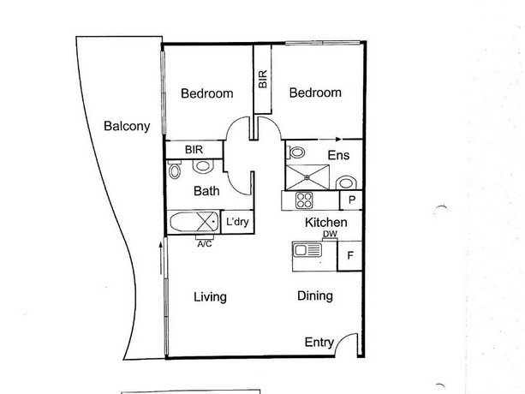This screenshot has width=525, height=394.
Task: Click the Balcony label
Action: (x=127, y=126)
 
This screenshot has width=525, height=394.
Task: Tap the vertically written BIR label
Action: (x=263, y=79)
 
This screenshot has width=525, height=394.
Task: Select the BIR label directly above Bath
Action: (x=194, y=149)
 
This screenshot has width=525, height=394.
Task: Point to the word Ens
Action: (x=338, y=155)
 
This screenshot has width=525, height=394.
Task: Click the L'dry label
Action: (x=237, y=222)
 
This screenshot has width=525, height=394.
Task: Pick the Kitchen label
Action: (x=325, y=223)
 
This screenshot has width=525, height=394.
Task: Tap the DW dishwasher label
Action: (x=330, y=234)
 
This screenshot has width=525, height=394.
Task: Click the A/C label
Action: (x=204, y=244)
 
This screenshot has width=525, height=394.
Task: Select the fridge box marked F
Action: (x=349, y=256)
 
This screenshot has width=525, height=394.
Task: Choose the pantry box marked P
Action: (x=351, y=200)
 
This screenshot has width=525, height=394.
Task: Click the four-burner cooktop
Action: (x=304, y=200)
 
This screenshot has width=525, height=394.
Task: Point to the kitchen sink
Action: (x=307, y=250)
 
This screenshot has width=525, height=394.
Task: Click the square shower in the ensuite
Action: (x=307, y=177)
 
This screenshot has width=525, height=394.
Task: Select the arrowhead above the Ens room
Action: (x=338, y=139)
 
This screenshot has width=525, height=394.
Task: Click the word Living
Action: (x=210, y=297)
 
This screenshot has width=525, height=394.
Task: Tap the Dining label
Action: (x=315, y=295)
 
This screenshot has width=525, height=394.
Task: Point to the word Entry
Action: (x=319, y=343)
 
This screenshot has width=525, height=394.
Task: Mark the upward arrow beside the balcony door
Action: (x=161, y=259)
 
